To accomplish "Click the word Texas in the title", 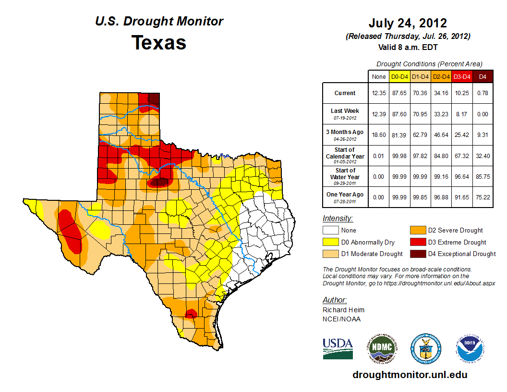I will (159, 42).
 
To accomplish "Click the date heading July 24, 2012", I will (408, 23).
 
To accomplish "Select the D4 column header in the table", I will (483, 76).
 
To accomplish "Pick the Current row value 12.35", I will (379, 93).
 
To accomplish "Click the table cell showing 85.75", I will (483, 176).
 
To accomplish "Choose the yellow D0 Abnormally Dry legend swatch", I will (331, 242).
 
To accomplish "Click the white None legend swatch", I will (331, 231).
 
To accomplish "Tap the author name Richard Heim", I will (343, 310).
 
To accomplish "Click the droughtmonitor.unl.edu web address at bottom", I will (410, 375).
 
